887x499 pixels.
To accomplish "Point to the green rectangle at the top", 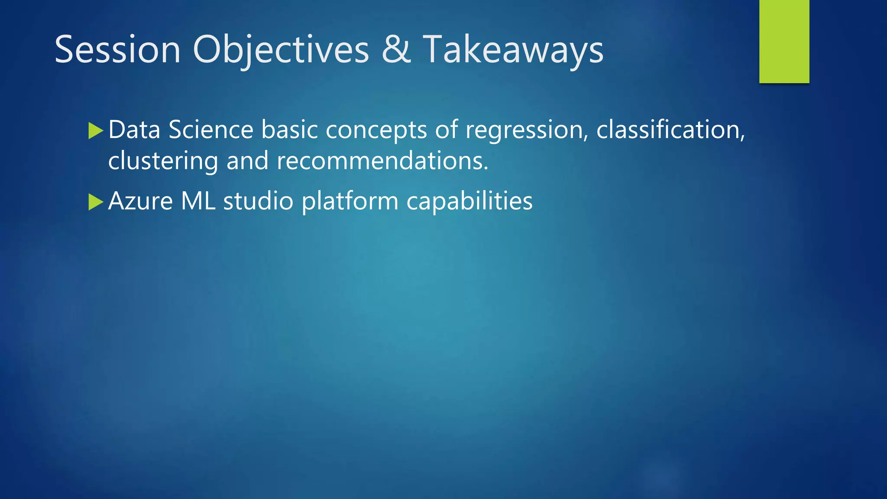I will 784,41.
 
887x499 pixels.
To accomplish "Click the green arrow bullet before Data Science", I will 95,130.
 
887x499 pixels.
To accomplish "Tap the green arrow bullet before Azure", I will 95,202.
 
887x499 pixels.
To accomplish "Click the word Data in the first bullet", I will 134,130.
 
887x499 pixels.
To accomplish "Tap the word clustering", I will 163,161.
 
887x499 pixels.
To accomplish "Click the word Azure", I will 140,201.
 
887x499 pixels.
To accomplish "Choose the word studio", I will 258,201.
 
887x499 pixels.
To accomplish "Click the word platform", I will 350,201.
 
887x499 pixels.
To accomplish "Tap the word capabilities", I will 469,201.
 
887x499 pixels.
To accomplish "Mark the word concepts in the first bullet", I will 376,130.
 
